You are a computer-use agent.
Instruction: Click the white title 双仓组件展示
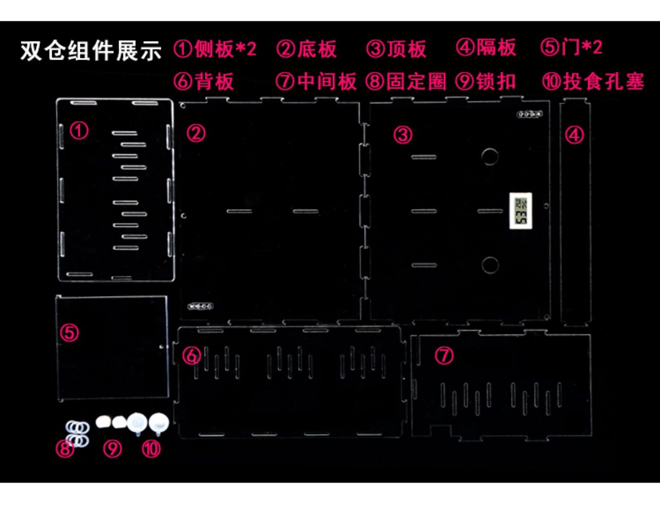[x=90, y=51]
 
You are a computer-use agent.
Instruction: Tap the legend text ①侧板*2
[x=215, y=49]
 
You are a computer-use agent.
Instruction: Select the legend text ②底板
[x=307, y=49]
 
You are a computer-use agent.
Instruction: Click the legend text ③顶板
[x=397, y=49]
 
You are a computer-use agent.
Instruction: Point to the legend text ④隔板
[x=486, y=47]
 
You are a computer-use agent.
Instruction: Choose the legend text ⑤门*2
[x=571, y=47]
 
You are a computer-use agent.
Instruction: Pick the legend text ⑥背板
[x=203, y=81]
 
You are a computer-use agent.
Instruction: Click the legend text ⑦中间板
[x=316, y=81]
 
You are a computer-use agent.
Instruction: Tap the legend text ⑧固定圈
[x=406, y=81]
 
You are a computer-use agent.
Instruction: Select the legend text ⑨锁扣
[x=486, y=81]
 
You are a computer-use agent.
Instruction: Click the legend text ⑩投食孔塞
[x=593, y=81]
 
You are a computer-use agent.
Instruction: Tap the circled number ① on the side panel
[x=79, y=130]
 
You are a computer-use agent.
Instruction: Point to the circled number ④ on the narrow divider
[x=574, y=135]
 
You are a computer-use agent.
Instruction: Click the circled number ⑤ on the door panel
[x=69, y=333]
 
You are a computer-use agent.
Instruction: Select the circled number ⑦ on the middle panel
[x=444, y=355]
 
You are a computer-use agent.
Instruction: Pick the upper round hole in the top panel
[x=490, y=157]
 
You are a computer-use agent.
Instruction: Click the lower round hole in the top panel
[x=490, y=265]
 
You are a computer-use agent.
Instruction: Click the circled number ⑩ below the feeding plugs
[x=151, y=449]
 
